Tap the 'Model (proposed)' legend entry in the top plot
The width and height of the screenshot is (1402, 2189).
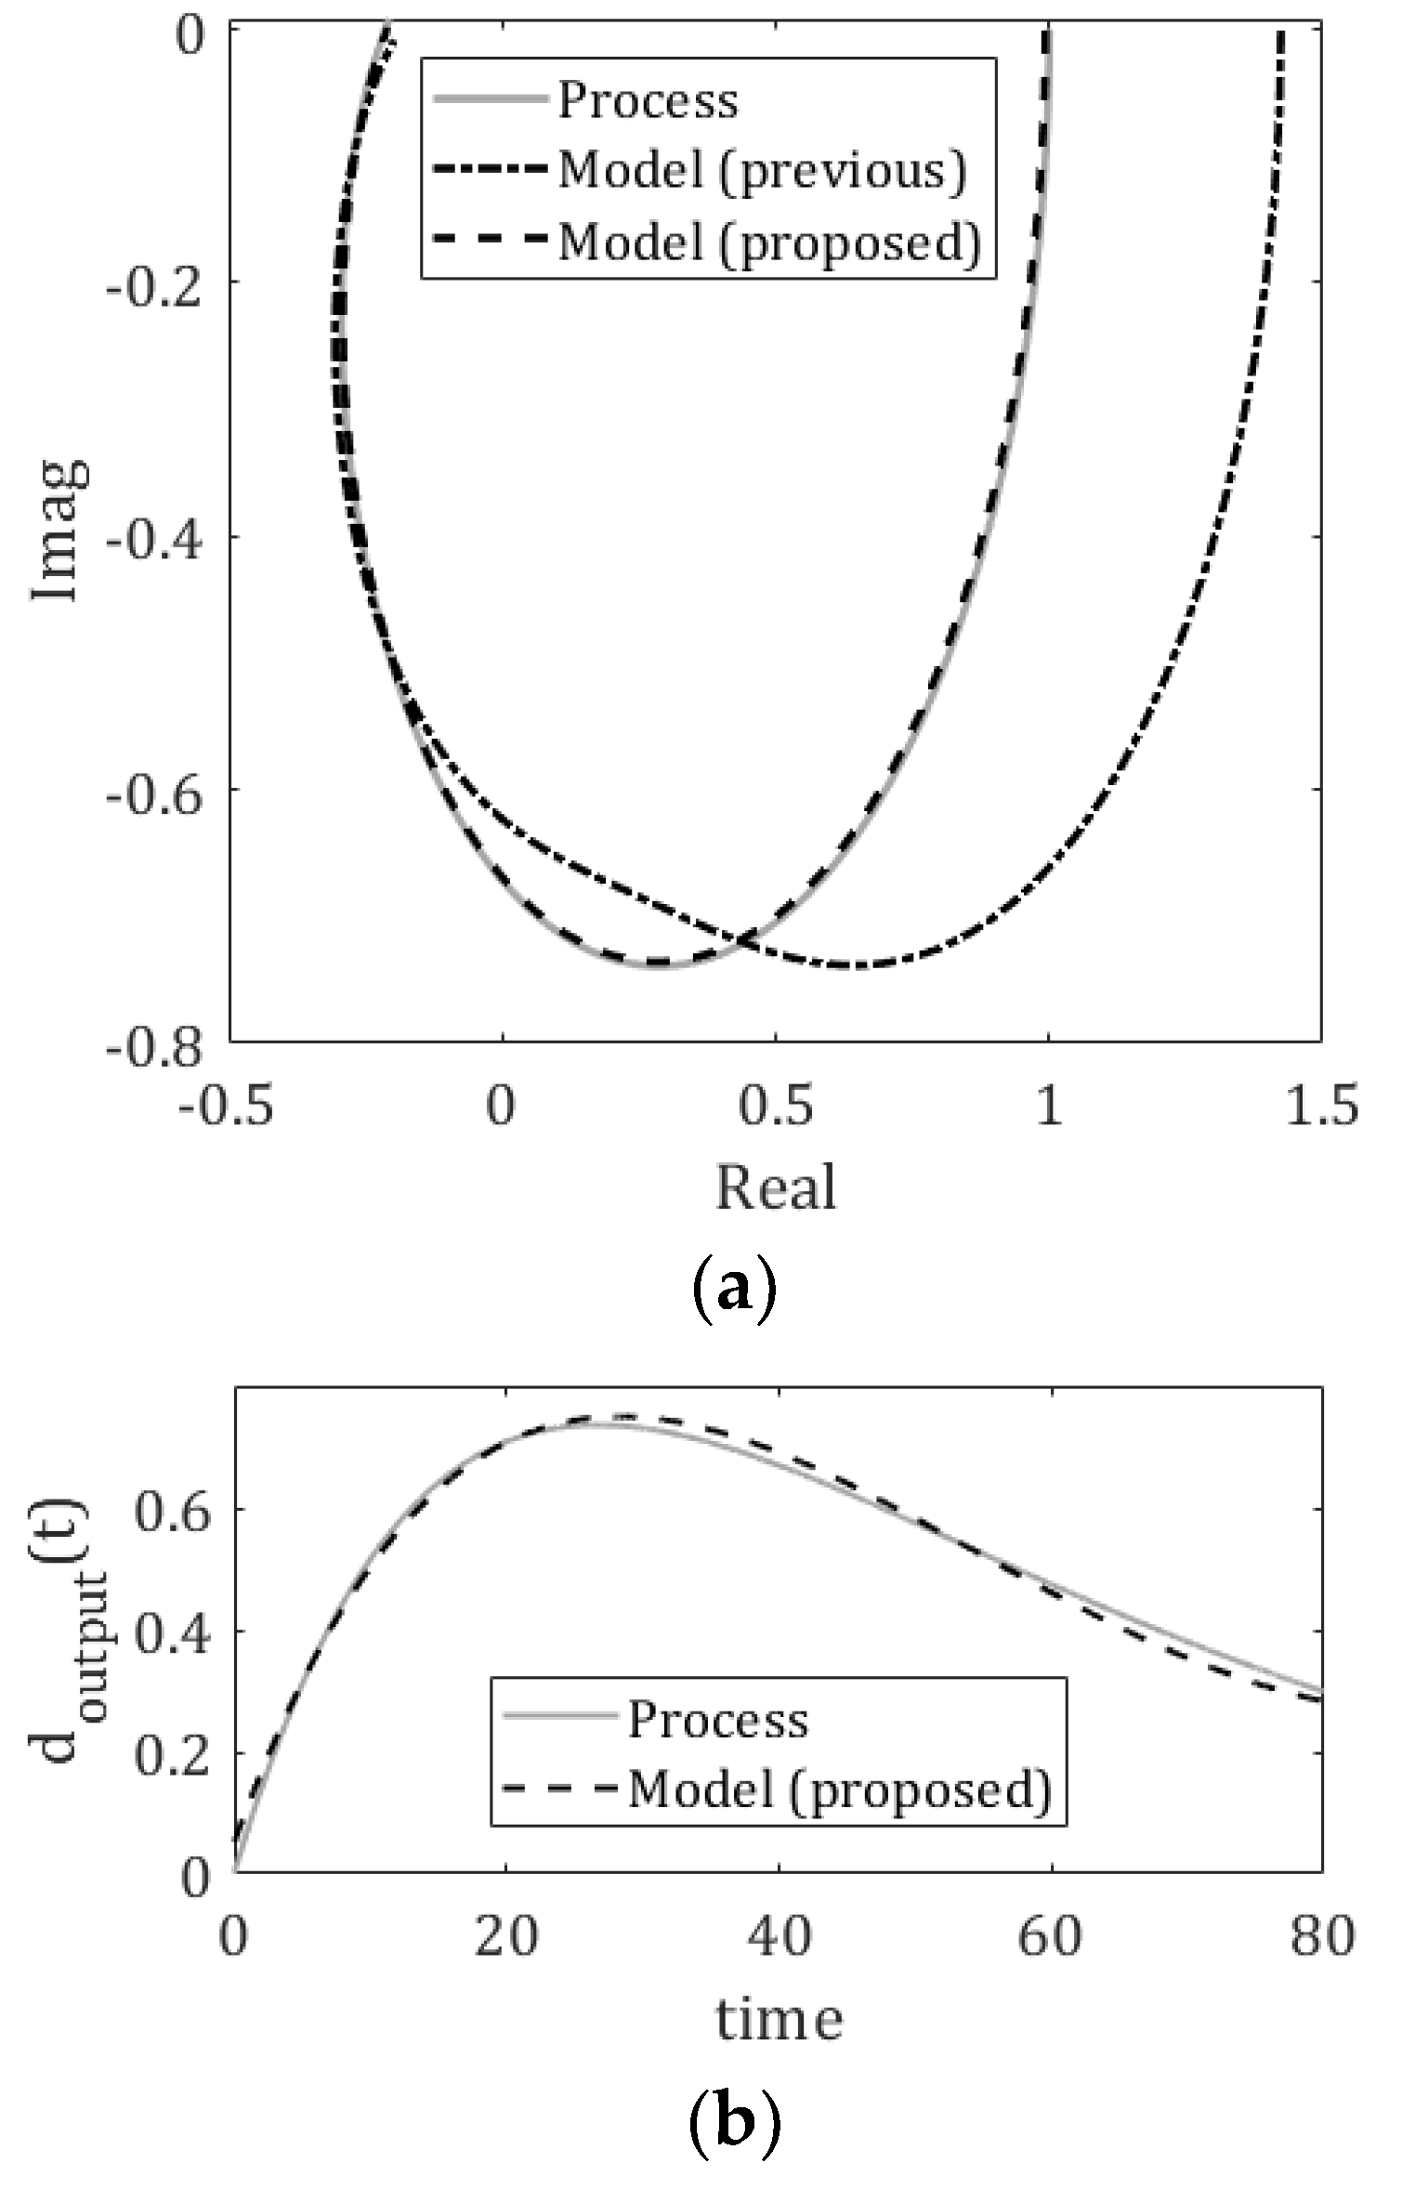tap(769, 242)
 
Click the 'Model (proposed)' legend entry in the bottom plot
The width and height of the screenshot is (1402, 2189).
tap(839, 1787)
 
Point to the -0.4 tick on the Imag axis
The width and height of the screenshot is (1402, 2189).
tap(153, 537)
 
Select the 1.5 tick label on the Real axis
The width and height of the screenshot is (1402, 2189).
tap(1320, 1107)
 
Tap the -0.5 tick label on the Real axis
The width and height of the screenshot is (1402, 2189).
tap(226, 1107)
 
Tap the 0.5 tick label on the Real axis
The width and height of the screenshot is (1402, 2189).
tap(776, 1107)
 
